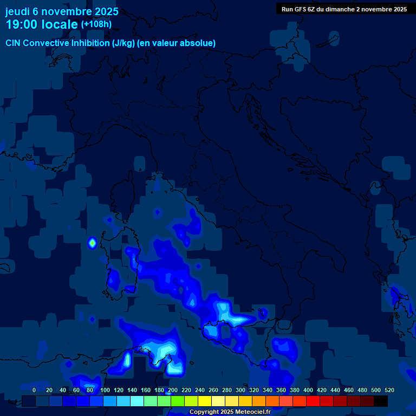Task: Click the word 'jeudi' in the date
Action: [17, 11]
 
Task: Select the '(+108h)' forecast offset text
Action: [96, 24]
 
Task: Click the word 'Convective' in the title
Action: [48, 43]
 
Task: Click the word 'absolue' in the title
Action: [198, 43]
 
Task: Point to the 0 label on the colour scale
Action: [34, 390]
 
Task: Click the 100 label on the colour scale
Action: [105, 390]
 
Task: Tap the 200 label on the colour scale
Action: [172, 390]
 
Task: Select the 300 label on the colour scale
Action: [240, 390]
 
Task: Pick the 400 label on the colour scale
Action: [308, 390]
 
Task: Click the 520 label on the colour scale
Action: [389, 390]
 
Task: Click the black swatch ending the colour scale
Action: [381, 401]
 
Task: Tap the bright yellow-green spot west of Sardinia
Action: [92, 243]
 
